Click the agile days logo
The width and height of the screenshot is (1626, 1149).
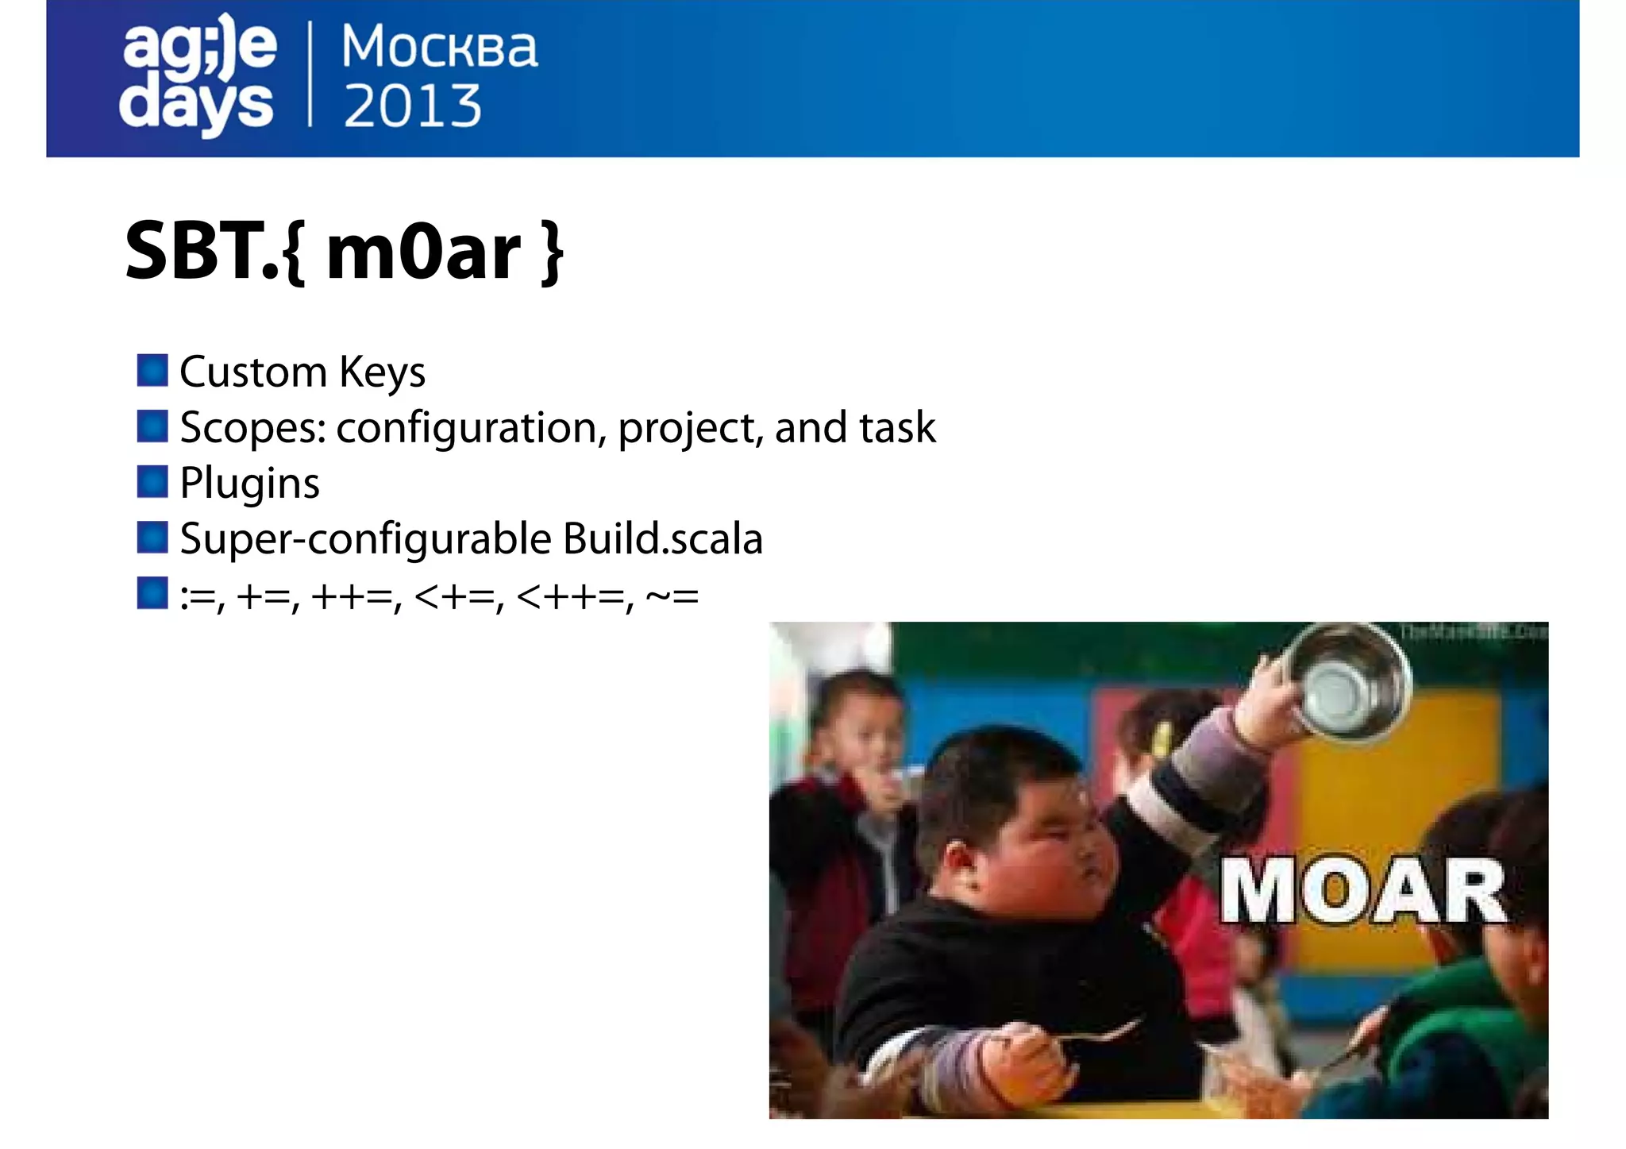tap(198, 75)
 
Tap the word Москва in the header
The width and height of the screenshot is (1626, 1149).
tap(439, 47)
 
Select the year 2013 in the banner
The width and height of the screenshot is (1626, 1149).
tap(412, 106)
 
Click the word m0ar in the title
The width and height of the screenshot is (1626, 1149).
tap(423, 253)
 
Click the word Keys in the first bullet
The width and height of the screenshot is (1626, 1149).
tap(382, 372)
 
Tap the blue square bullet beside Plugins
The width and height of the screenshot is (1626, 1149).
tap(152, 482)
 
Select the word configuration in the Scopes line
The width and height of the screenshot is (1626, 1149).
tap(466, 429)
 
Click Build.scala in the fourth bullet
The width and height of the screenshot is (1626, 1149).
tap(663, 539)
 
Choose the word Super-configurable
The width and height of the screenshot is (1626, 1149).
tap(366, 540)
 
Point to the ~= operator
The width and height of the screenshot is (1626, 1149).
tap(672, 596)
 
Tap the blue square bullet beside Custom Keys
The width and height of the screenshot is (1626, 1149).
tap(152, 371)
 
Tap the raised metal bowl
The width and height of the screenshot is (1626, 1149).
tap(1345, 679)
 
